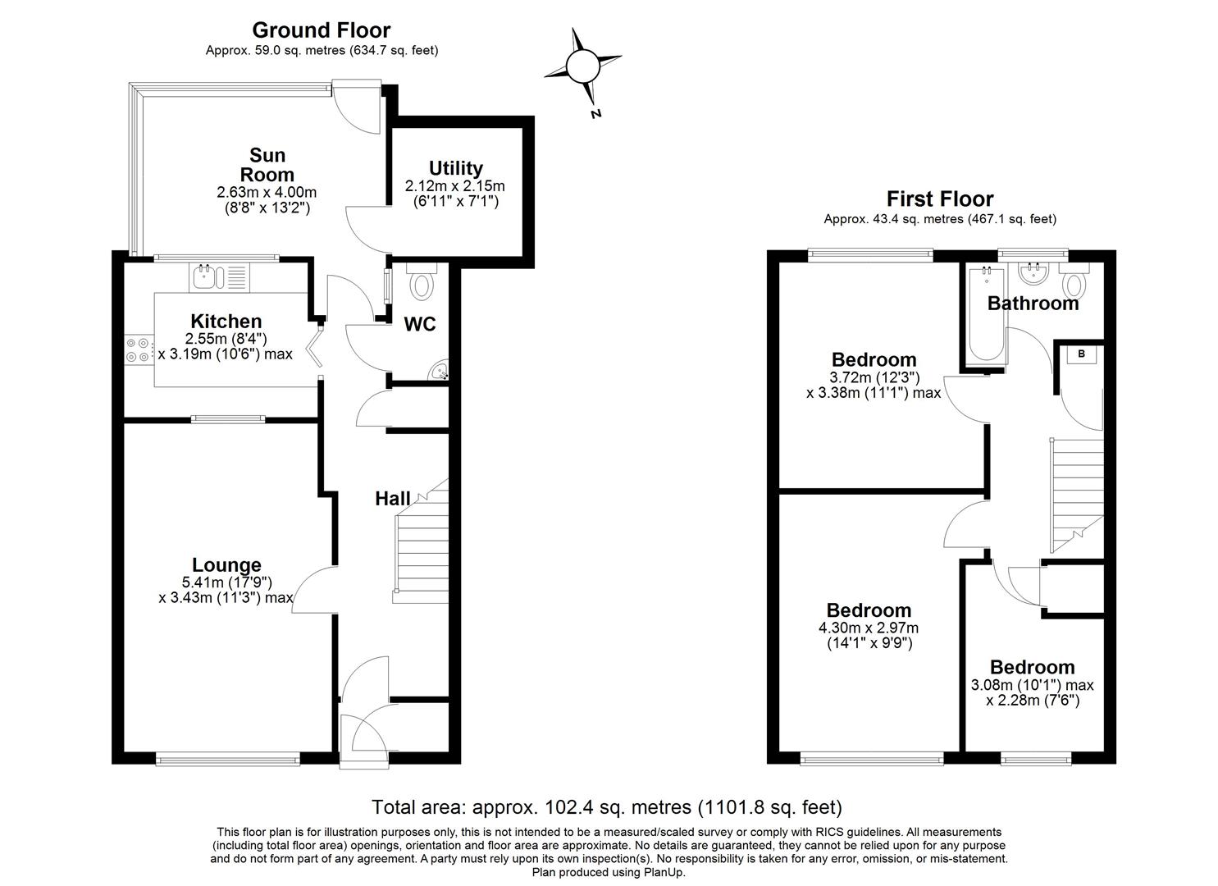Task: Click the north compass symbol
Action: pos(583,65)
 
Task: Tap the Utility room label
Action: pos(455,169)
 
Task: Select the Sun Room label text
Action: pos(267,164)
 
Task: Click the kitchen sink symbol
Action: pos(203,277)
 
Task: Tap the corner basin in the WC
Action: pos(440,372)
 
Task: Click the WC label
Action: pos(420,325)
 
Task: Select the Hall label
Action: pos(392,498)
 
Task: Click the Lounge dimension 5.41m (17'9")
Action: pos(226,582)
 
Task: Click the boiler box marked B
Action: pos(1082,354)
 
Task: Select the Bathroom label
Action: pos(1033,304)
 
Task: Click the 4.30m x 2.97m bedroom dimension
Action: pos(868,628)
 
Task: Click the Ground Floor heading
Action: pos(321,30)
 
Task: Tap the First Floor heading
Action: pos(939,199)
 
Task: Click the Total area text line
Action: pos(607,807)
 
